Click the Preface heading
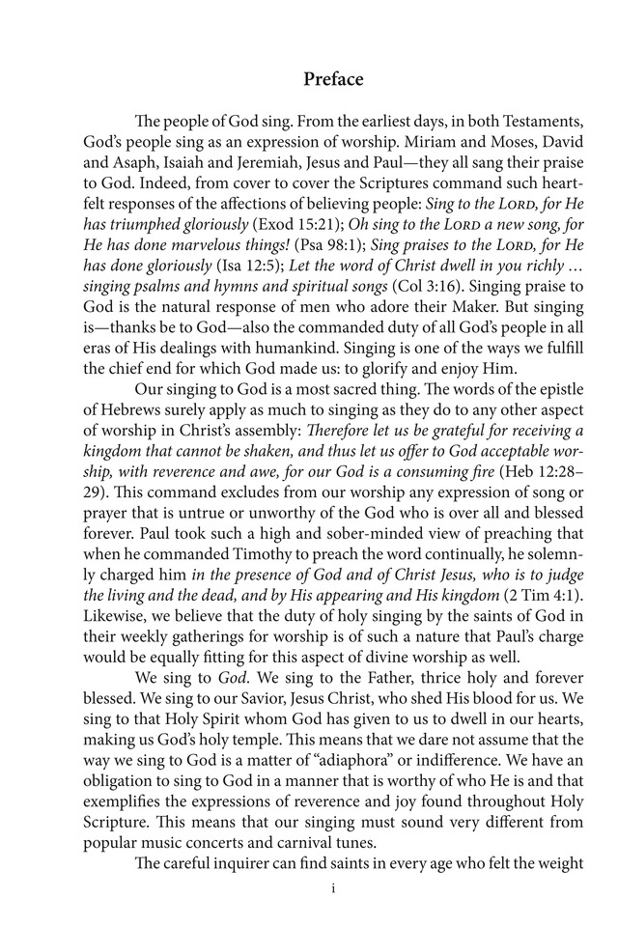click(x=333, y=80)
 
